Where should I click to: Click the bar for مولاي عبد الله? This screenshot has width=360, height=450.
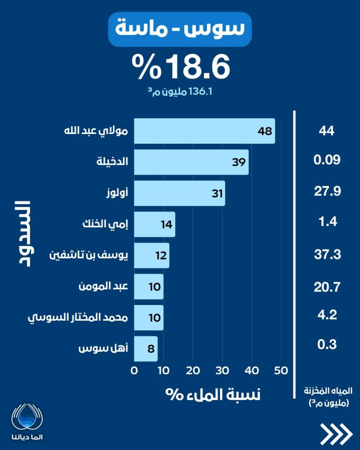(204, 131)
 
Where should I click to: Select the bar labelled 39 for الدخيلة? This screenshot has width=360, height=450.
(191, 162)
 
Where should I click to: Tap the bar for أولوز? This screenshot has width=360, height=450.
(179, 193)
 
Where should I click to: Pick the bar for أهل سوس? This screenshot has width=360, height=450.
(145, 349)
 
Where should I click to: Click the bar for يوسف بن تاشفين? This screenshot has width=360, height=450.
(151, 256)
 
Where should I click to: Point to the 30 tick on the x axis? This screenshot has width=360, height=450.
(222, 370)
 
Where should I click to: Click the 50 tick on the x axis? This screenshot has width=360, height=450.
(281, 370)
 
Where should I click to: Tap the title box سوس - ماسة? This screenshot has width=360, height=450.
(180, 29)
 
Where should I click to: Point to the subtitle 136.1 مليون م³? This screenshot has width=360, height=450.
(181, 92)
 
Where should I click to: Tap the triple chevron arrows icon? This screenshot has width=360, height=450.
(336, 434)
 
